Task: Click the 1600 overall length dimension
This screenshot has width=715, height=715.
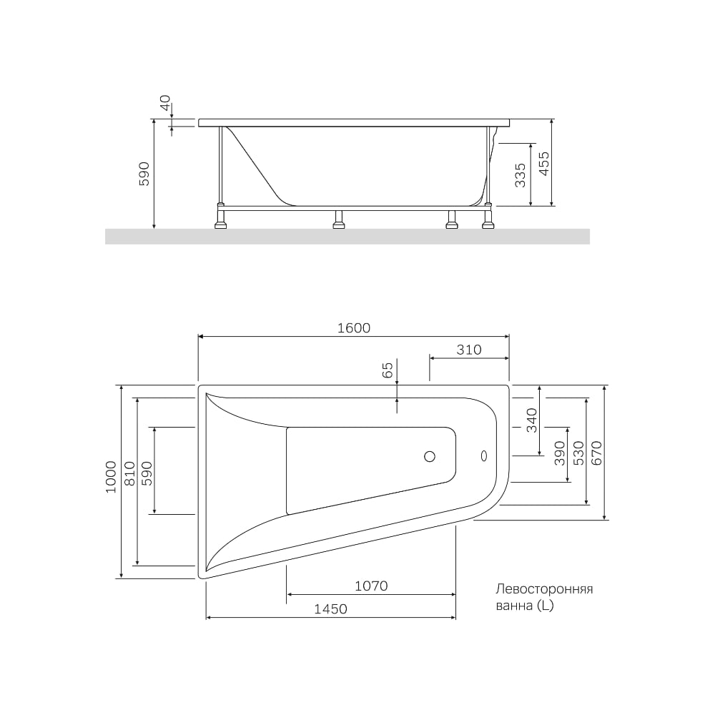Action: click(x=354, y=328)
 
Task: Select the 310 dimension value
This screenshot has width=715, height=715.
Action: click(x=469, y=350)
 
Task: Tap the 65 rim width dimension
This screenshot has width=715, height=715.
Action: click(x=387, y=370)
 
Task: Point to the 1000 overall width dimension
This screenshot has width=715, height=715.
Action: click(x=111, y=477)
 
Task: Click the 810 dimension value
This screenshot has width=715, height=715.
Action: click(x=130, y=473)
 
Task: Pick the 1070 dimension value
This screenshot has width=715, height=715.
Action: click(x=371, y=586)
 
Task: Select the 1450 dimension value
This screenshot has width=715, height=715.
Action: click(x=330, y=608)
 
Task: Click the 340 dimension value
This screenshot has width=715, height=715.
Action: click(x=532, y=420)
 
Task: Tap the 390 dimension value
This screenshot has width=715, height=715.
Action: click(x=560, y=453)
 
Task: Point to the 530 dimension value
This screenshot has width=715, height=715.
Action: click(x=578, y=453)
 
